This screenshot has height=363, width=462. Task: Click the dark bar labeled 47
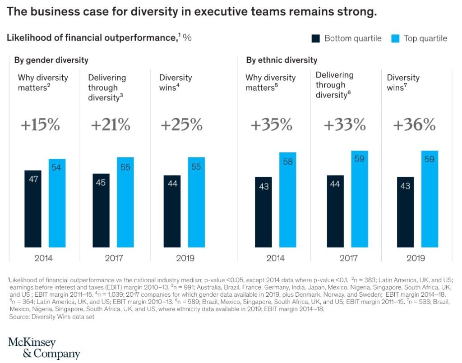[x=32, y=209]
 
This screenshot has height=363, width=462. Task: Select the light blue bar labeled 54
[x=57, y=203]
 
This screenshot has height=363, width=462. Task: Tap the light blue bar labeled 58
[x=287, y=200]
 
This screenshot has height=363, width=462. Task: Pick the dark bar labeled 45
[x=102, y=211]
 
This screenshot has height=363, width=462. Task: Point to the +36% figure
[x=414, y=124]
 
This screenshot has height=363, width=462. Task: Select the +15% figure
[x=40, y=124]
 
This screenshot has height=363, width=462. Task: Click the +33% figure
[x=344, y=124]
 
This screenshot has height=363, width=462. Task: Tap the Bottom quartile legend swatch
[x=316, y=38]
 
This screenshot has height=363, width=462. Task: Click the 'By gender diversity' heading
[x=51, y=60]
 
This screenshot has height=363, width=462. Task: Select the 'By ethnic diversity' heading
[x=282, y=60]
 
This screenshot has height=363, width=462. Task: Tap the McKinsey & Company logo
[x=44, y=348]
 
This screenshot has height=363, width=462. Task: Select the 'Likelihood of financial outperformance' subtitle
[x=90, y=38]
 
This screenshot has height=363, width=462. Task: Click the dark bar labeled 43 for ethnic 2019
[x=405, y=212]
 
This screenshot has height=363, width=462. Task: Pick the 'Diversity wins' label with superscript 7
[x=403, y=82]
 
